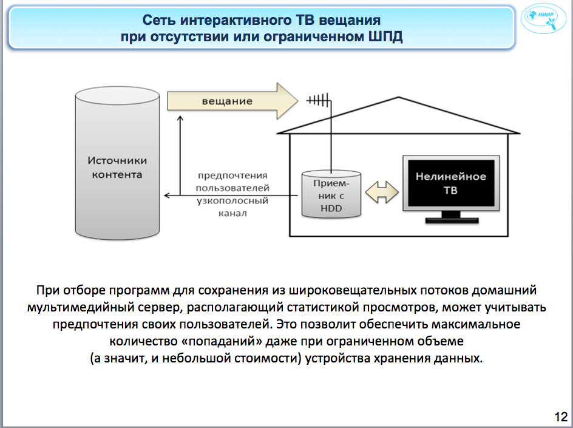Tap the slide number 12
coord(560,417)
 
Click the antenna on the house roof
coord(318,100)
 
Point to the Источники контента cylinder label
coord(117,168)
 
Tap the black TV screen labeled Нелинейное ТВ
coord(450,183)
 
